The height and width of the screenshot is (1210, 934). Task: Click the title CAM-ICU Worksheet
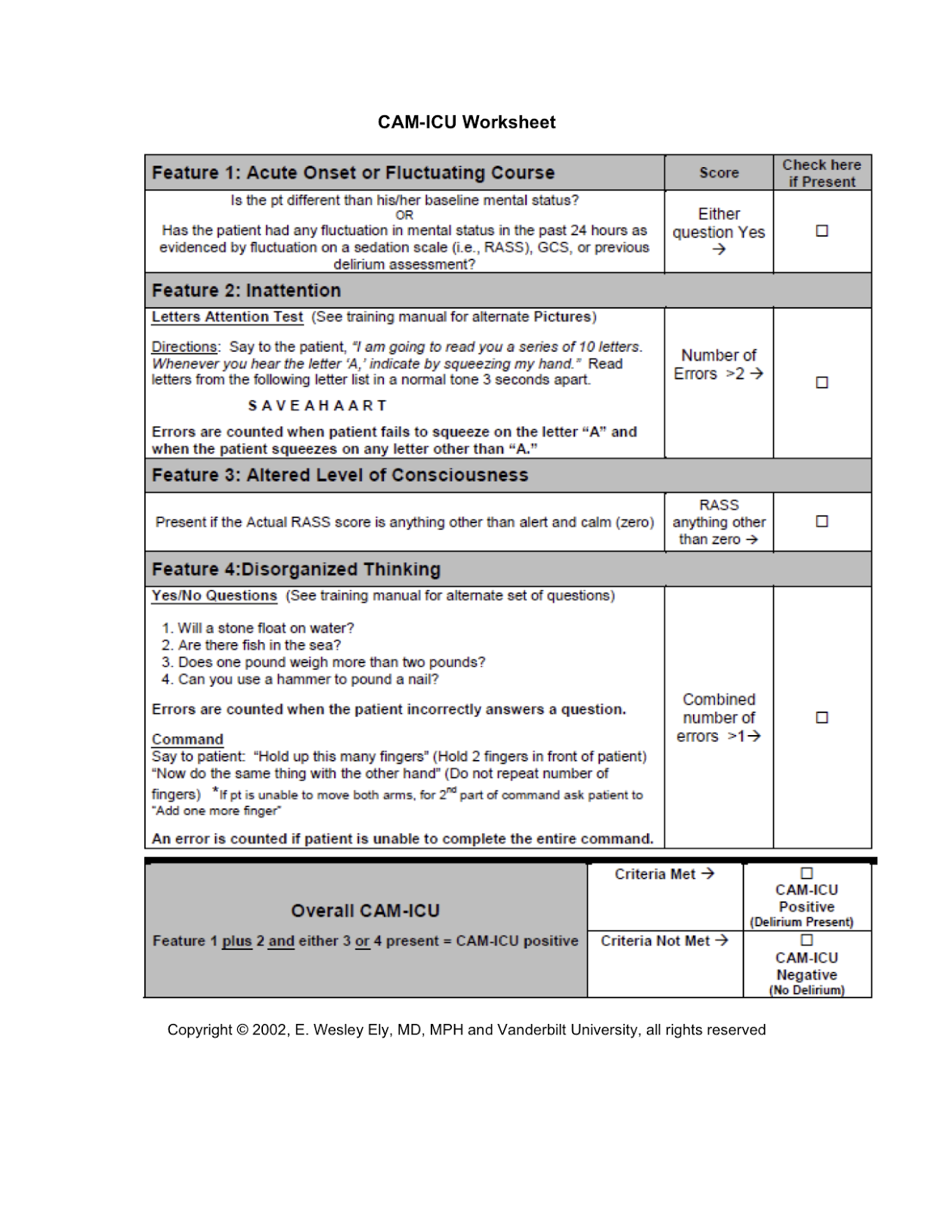[x=466, y=123]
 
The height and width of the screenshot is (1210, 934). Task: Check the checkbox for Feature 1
[x=821, y=231]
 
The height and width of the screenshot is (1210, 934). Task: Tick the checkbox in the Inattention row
[x=821, y=383]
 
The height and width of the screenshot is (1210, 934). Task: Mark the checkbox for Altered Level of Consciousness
[x=821, y=521]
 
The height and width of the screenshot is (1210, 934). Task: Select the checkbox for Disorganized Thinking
[x=821, y=717]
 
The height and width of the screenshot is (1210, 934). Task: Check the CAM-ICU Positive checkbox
[x=806, y=873]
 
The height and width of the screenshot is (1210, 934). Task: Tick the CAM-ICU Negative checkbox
[x=806, y=940]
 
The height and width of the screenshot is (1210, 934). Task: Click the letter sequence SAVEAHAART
[x=317, y=406]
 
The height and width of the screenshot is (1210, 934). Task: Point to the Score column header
[x=719, y=173]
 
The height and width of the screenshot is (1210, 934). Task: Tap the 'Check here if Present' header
[x=821, y=173]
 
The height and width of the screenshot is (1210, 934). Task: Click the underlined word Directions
[x=184, y=347]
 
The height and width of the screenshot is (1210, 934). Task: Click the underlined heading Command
[x=187, y=740]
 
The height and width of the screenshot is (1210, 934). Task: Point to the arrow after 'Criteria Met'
[x=707, y=873]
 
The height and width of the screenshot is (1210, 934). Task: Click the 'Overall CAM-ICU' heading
[x=366, y=911]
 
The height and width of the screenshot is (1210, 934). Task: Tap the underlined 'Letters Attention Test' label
[x=227, y=318]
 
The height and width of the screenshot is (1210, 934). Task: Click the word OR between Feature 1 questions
[x=404, y=216]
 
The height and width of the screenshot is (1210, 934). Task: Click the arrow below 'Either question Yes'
[x=719, y=250]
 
